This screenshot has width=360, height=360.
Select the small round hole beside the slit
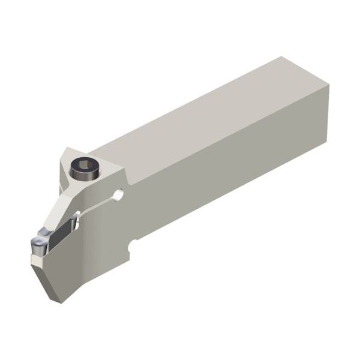[119, 194]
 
